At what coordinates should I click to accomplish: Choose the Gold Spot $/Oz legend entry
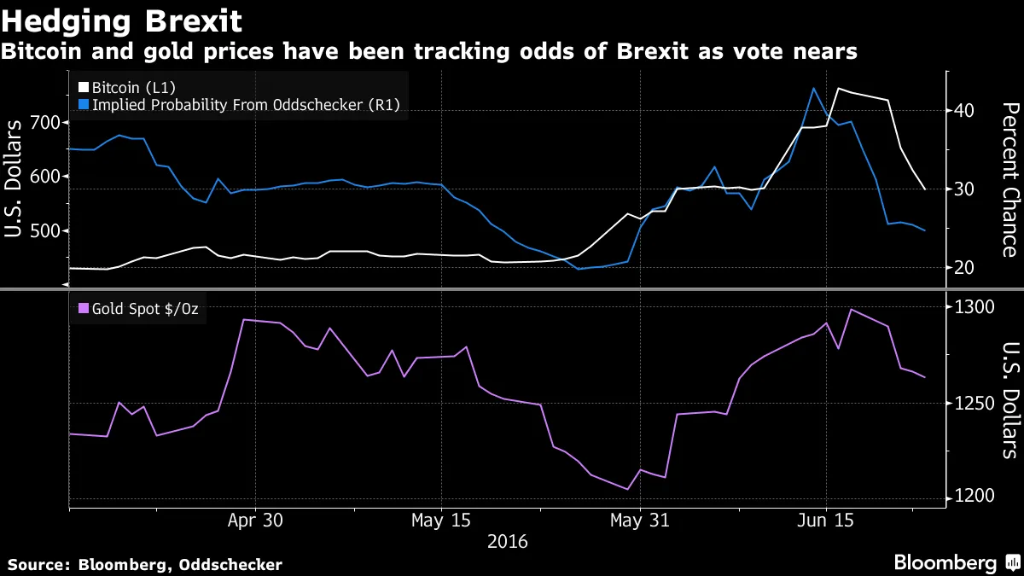point(138,309)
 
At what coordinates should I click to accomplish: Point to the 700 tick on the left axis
point(44,122)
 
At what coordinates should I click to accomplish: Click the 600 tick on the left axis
point(44,177)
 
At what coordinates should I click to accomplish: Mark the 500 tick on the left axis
point(44,231)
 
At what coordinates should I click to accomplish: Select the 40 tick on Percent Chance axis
point(964,111)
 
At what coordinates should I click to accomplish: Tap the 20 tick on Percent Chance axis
point(964,268)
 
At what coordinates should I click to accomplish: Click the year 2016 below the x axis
point(507,542)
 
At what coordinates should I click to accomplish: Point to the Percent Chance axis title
point(1009,179)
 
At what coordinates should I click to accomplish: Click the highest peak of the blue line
point(814,88)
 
